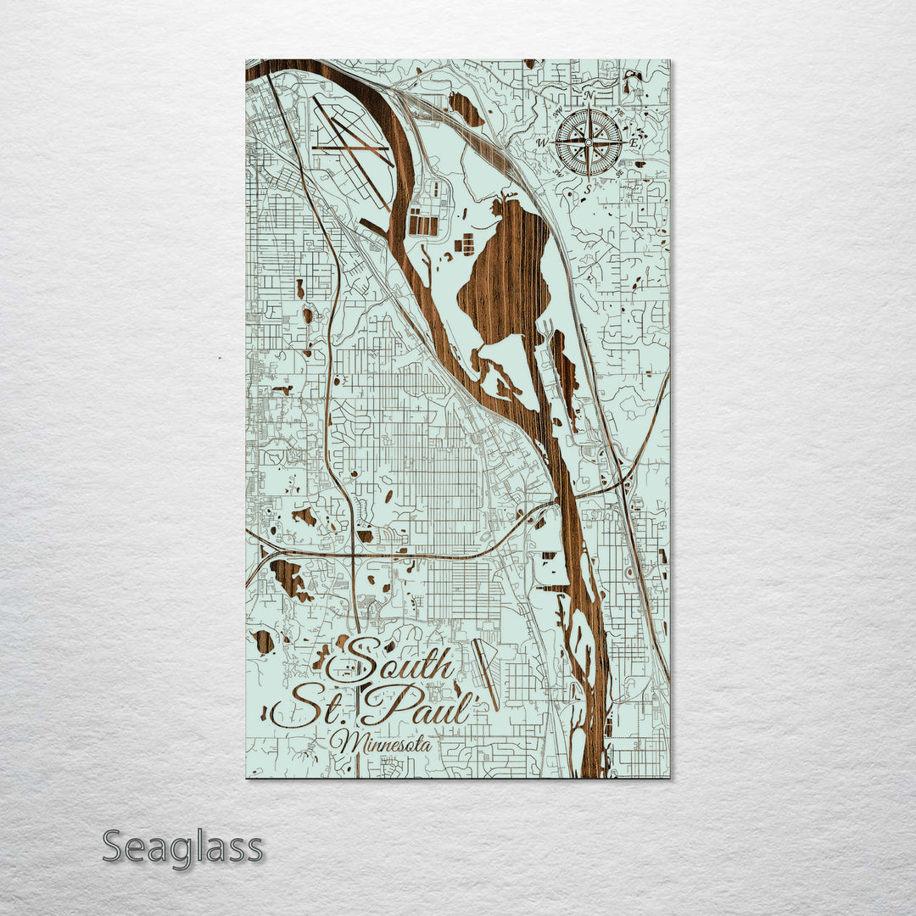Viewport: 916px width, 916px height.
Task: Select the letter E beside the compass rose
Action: coord(634,143)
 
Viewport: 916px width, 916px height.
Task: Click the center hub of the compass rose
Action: coord(589,142)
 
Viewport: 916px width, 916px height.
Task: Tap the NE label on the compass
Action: coord(620,113)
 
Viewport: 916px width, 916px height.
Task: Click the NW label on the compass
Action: coord(557,113)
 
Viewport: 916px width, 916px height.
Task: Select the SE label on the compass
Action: coord(620,173)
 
